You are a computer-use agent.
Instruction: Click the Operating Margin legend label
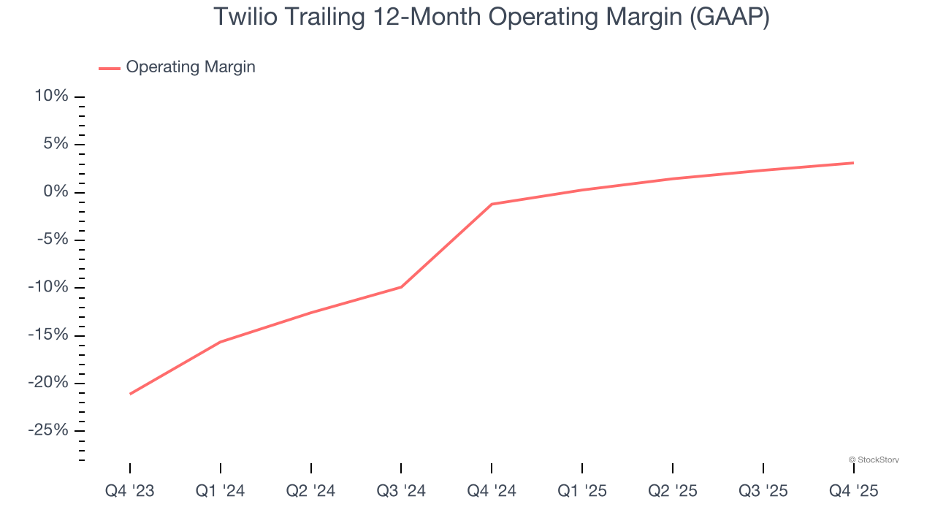pyautogui.click(x=191, y=67)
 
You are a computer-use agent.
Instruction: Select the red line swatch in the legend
pyautogui.click(x=110, y=68)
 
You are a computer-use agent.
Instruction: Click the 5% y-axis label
pyautogui.click(x=56, y=144)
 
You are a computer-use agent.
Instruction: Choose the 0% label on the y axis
pyautogui.click(x=56, y=191)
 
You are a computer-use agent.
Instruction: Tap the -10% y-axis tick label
pyautogui.click(x=48, y=287)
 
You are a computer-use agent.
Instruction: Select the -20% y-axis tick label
pyautogui.click(x=48, y=383)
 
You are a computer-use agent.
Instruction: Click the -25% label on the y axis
pyautogui.click(x=48, y=430)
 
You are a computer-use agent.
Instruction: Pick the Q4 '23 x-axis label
pyautogui.click(x=130, y=491)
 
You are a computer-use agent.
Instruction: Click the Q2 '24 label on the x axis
pyautogui.click(x=311, y=491)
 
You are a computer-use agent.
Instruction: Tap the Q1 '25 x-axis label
pyautogui.click(x=582, y=491)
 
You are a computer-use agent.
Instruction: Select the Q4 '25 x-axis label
pyautogui.click(x=853, y=491)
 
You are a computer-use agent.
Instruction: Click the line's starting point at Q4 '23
pyautogui.click(x=130, y=394)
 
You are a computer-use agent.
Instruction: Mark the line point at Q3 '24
pyautogui.click(x=401, y=286)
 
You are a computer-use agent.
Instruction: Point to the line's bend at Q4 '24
pyautogui.click(x=492, y=204)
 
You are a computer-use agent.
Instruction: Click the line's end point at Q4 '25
pyautogui.click(x=853, y=163)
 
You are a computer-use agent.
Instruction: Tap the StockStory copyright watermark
pyautogui.click(x=874, y=460)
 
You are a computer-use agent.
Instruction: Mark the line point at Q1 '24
pyautogui.click(x=221, y=342)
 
